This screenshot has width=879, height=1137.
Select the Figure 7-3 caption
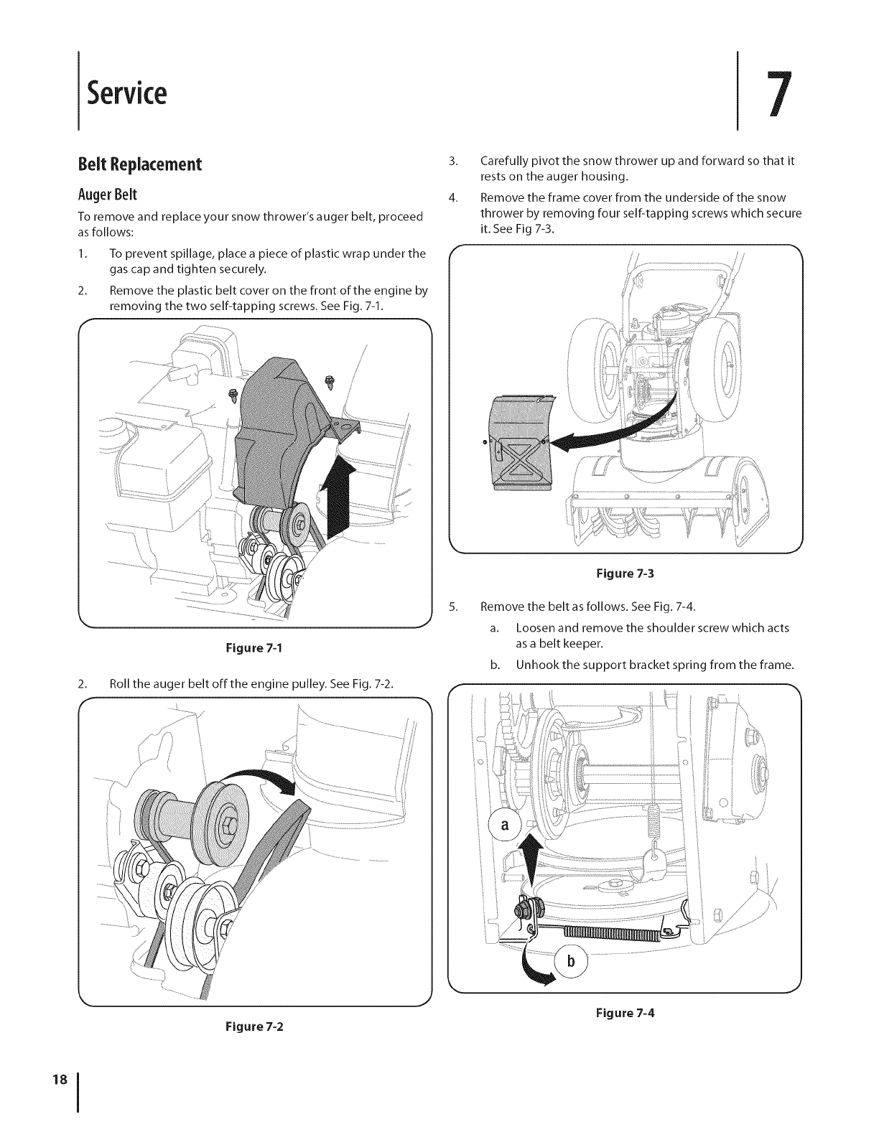coord(625,574)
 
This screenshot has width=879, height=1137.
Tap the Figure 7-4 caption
coord(625,1013)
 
